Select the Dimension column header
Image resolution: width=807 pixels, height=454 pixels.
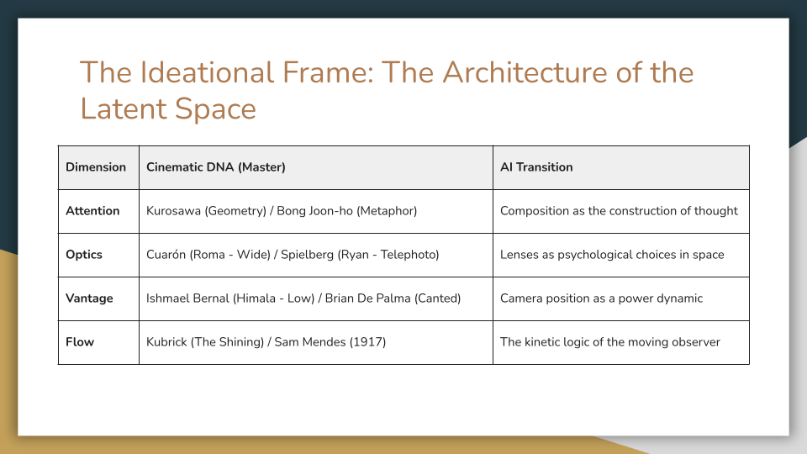coord(96,167)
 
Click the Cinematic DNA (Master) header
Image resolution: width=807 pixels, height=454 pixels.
coord(216,167)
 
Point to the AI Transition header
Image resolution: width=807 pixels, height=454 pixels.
coord(536,167)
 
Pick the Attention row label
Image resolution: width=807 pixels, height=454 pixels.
coord(92,211)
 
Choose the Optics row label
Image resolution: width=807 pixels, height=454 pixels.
coord(84,255)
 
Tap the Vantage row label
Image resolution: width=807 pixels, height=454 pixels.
coord(89,298)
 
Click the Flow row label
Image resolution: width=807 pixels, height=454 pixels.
coord(80,342)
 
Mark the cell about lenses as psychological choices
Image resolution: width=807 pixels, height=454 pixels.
coord(612,255)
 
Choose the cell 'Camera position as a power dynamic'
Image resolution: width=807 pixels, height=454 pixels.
coord(601,298)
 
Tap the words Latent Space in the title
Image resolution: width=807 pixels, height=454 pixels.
coord(168,109)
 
